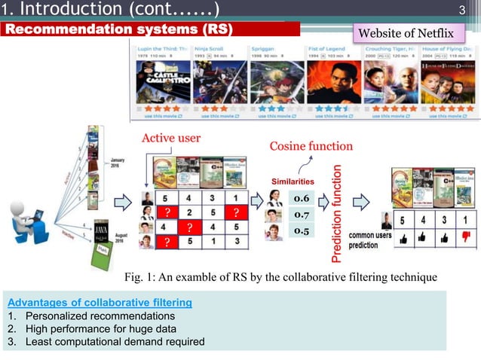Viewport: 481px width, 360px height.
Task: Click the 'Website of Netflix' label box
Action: click(x=416, y=33)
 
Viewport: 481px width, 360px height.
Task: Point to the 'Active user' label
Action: click(x=171, y=139)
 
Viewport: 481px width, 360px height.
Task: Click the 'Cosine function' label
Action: click(x=311, y=145)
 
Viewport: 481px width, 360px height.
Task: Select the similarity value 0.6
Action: click(x=302, y=197)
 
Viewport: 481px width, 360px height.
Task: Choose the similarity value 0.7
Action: click(x=302, y=215)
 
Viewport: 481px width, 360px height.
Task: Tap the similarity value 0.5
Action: click(x=302, y=230)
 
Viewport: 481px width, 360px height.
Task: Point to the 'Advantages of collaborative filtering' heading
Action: click(x=98, y=302)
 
